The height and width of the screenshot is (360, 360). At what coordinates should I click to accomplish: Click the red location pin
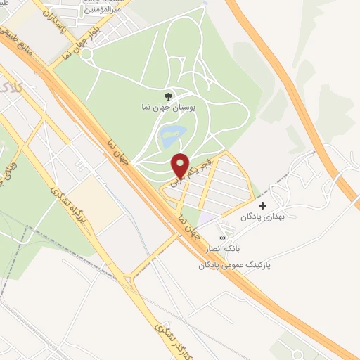181,164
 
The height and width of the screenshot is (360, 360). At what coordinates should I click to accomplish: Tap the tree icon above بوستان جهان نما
167,97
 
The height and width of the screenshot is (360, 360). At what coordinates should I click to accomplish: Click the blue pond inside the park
171,136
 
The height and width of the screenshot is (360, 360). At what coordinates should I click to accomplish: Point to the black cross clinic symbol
263,206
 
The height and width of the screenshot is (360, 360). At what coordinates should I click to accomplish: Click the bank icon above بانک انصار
224,238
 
